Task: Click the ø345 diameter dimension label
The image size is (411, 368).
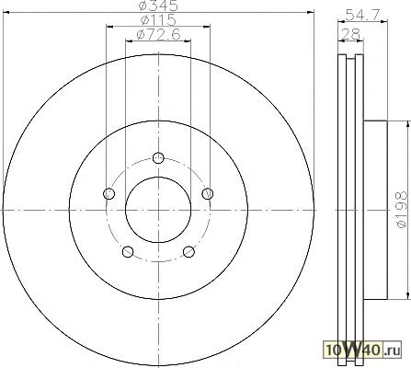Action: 158,6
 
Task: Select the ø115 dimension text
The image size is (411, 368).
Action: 158,20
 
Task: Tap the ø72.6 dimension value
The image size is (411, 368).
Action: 158,34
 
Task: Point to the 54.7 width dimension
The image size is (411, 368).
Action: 362,15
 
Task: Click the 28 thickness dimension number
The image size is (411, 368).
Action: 350,34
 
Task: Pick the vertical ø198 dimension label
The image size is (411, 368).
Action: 402,210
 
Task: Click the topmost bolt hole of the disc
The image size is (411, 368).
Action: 158,158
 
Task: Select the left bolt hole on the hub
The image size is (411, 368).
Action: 109,193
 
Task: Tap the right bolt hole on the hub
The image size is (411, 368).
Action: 208,193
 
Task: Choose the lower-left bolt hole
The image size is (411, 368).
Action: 128,252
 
